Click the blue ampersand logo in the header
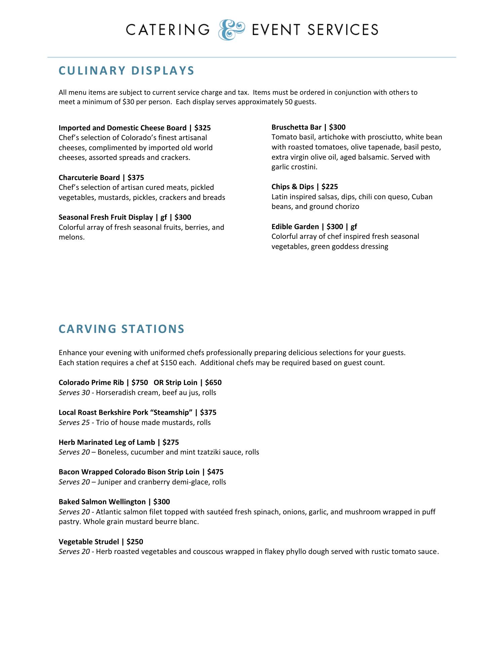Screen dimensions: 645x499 [231, 30]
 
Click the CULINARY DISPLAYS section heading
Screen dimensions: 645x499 [126, 71]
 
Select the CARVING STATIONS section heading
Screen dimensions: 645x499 [121, 329]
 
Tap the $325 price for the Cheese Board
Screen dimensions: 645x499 [202, 128]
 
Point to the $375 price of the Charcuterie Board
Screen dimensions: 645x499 [136, 178]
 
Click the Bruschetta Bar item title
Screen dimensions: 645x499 [296, 127]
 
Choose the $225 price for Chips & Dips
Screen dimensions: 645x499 [330, 187]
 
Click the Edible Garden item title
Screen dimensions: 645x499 [295, 227]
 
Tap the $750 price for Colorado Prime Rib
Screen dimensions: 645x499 [140, 383]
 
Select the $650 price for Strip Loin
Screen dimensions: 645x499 [213, 383]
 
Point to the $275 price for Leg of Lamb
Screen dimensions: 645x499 [170, 442]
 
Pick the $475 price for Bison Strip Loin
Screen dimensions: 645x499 [215, 472]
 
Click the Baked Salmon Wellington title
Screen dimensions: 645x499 [102, 502]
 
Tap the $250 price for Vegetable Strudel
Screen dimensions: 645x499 [135, 542]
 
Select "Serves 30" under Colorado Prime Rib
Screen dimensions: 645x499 [74, 393]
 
